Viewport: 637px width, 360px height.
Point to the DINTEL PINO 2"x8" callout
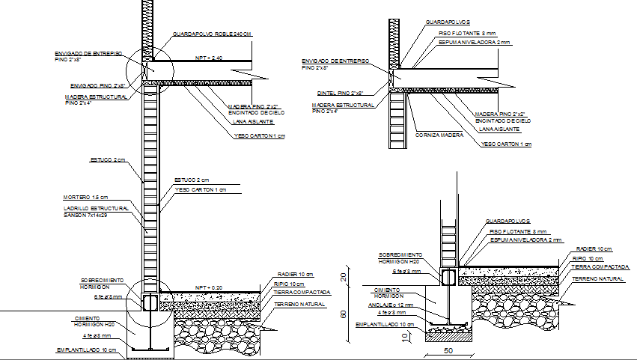click(x=340, y=93)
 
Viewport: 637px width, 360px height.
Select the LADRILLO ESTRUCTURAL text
click(x=95, y=207)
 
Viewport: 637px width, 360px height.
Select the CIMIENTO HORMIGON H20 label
click(x=75, y=321)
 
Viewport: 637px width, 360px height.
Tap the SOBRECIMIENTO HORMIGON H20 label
click(x=400, y=257)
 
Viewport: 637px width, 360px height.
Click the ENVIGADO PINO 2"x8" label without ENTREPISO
click(x=103, y=86)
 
